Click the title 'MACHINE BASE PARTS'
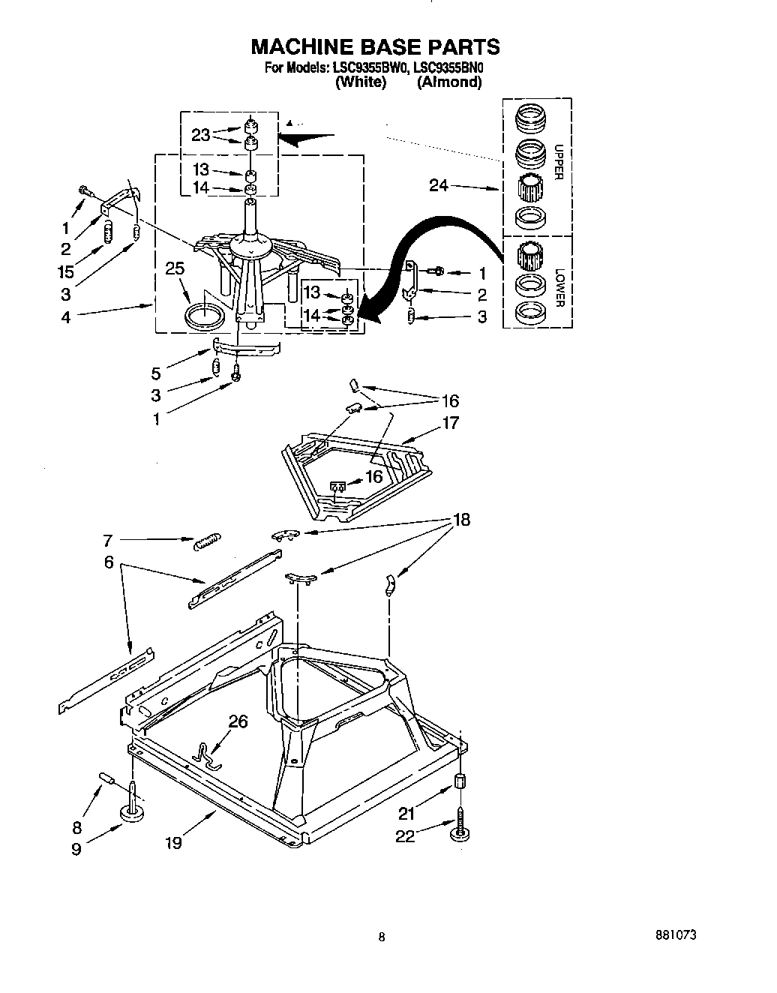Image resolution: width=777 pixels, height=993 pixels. coord(375,46)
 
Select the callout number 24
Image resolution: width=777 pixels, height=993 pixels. coord(439,185)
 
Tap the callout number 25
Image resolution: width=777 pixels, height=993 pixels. coord(175,268)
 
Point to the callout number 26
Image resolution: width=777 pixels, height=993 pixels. coord(238,722)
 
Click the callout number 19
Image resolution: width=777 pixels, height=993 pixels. coord(173,843)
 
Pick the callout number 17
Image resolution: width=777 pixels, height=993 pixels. coord(450,423)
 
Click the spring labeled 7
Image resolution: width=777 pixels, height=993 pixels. coord(208,541)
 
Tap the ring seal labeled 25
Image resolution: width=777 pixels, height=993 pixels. coord(205,315)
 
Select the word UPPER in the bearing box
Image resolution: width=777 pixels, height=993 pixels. coord(557,162)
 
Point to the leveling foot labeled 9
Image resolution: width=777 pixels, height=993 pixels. coord(133,812)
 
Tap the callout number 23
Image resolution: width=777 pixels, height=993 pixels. coord(201,135)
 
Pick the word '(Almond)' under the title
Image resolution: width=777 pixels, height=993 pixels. coord(449,82)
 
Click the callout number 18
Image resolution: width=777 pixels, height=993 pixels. coord(461,520)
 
